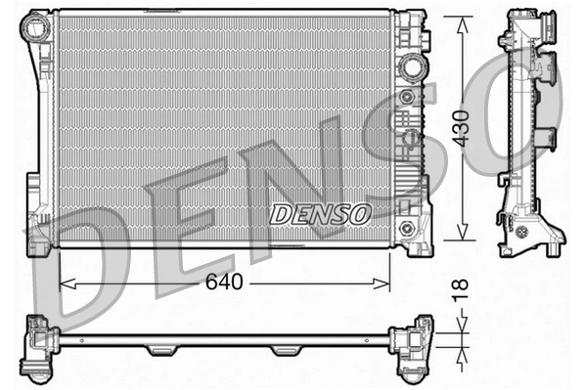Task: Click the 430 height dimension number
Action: point(462,128)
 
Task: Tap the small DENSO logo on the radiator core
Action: point(320,212)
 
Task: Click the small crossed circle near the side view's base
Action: point(521,233)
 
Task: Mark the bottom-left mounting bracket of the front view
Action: point(41,235)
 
